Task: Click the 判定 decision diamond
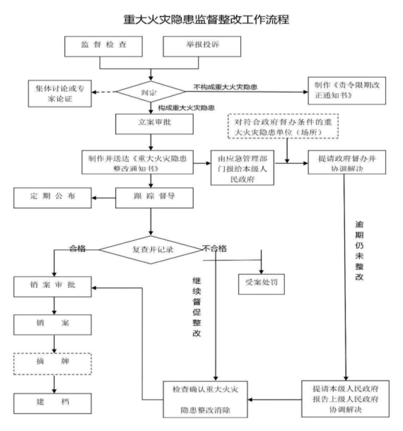pyautogui.click(x=150, y=91)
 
